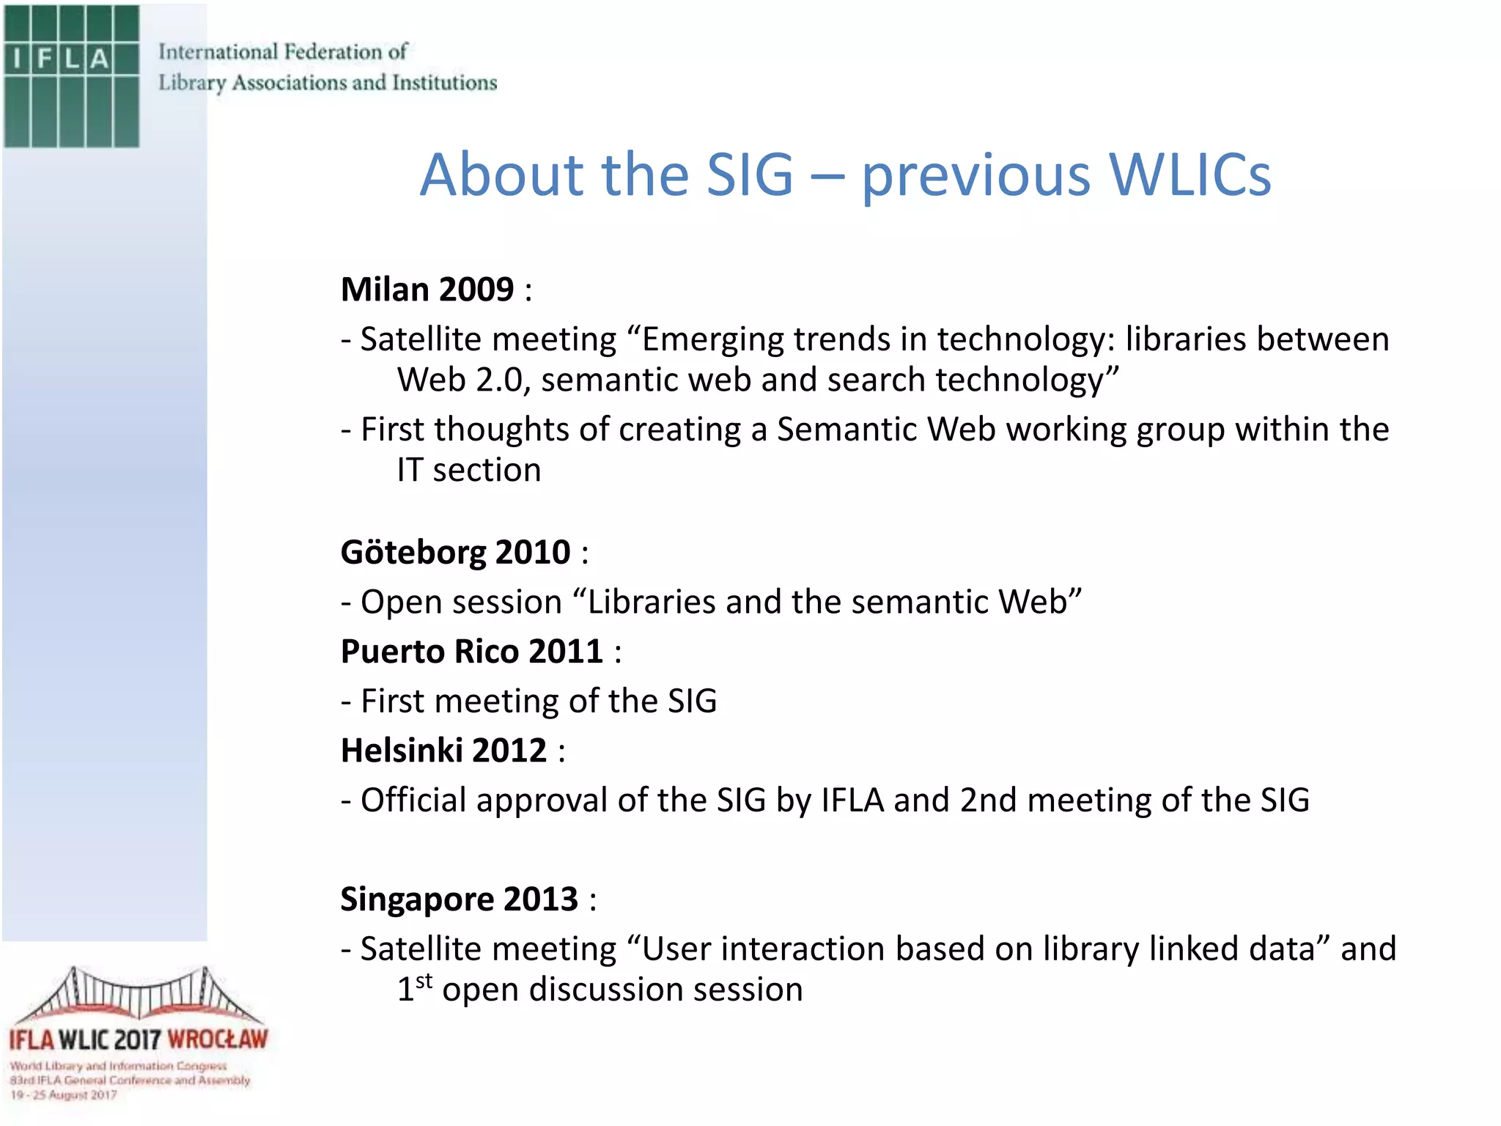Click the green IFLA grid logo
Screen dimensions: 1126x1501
(71, 76)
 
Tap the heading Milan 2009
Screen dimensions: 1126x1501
(427, 290)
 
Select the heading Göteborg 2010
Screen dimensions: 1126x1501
(455, 553)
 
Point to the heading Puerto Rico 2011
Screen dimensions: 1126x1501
(471, 652)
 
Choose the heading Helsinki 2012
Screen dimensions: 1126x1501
(443, 751)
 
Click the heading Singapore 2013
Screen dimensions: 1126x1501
(459, 899)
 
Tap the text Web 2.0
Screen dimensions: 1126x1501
(461, 380)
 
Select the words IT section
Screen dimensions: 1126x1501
(469, 471)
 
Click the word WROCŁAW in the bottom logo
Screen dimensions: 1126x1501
(218, 1039)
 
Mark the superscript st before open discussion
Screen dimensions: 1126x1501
(424, 981)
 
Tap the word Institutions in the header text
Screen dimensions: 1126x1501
(444, 83)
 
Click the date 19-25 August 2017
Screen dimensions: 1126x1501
(63, 1095)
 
